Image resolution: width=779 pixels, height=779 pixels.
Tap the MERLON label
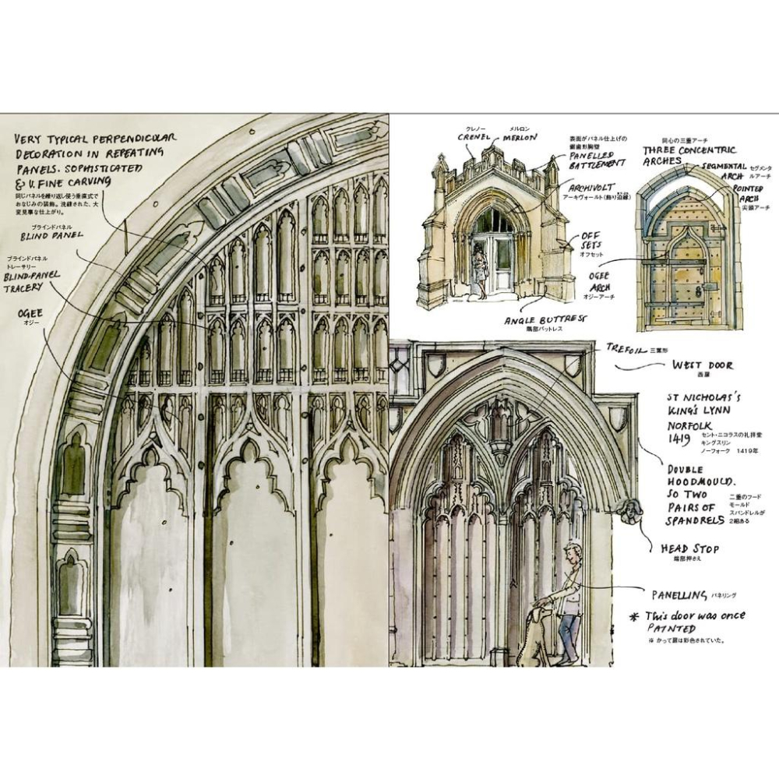coord(519,138)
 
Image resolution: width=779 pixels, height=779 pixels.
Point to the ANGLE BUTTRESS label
coord(545,319)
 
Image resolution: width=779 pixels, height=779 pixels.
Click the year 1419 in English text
coord(679,440)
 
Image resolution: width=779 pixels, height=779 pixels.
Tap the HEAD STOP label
coord(689,548)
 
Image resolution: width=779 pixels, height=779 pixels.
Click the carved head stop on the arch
coord(627,511)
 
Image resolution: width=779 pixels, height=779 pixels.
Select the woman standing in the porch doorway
coord(480,269)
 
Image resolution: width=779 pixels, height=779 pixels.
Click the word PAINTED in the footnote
coord(672,629)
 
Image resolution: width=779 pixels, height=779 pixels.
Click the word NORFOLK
coord(689,425)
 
